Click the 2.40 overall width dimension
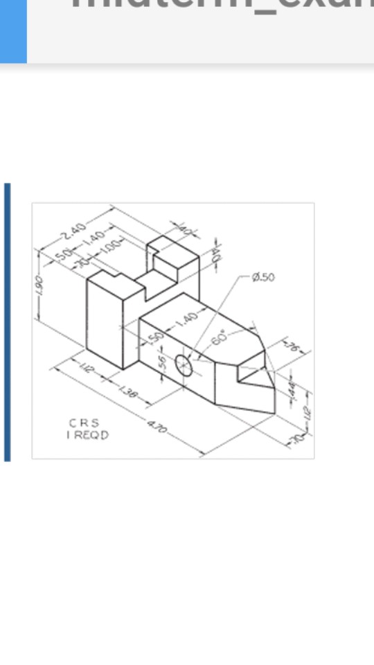click(73, 229)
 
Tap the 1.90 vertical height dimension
click(40, 285)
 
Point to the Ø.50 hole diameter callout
click(264, 277)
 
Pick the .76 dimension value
click(291, 347)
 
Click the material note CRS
click(83, 423)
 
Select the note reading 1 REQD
click(87, 435)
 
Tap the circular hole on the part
click(184, 364)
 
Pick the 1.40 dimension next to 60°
click(186, 319)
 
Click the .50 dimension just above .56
click(157, 338)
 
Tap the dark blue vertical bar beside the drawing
click(7, 322)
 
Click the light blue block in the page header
click(13, 31)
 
